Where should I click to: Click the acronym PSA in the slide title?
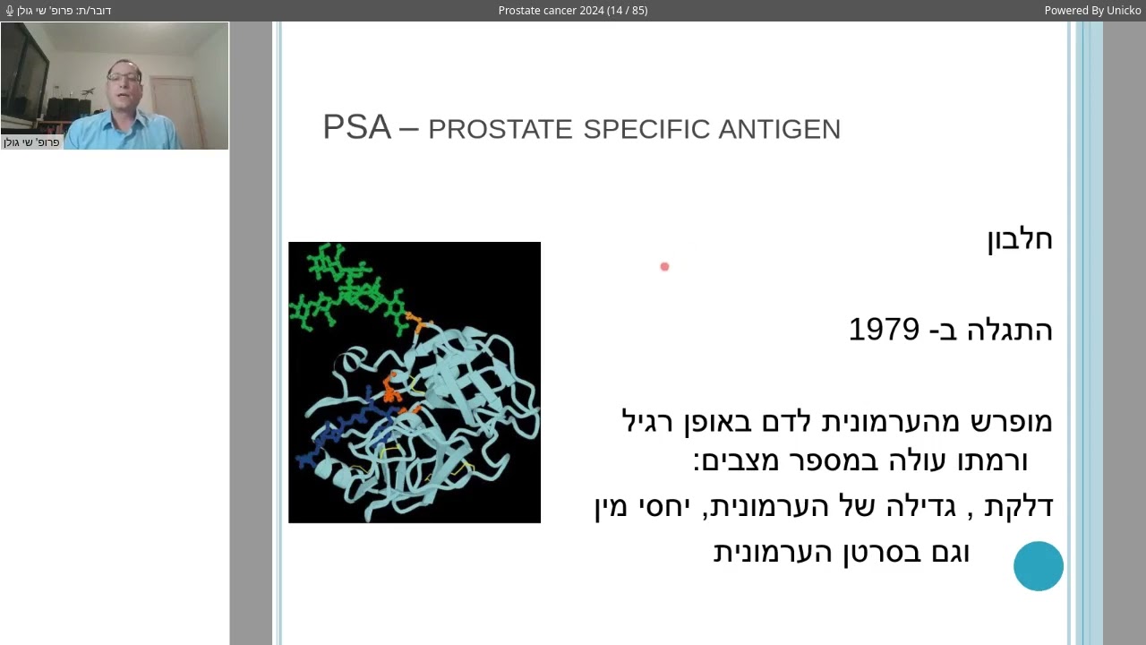(x=356, y=127)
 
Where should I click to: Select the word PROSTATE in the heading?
(x=500, y=130)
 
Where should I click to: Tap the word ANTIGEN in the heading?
(x=779, y=130)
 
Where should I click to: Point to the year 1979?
(x=884, y=330)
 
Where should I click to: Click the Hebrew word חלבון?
(x=1019, y=239)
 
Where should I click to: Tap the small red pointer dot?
(x=664, y=266)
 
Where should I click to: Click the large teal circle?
(x=1039, y=566)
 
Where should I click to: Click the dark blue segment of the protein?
(x=340, y=430)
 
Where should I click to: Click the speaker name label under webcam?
(x=32, y=142)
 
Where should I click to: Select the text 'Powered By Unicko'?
(x=1092, y=11)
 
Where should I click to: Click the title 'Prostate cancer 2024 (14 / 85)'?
(x=573, y=11)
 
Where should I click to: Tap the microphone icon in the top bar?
(x=10, y=11)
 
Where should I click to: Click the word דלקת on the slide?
(x=1018, y=507)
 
